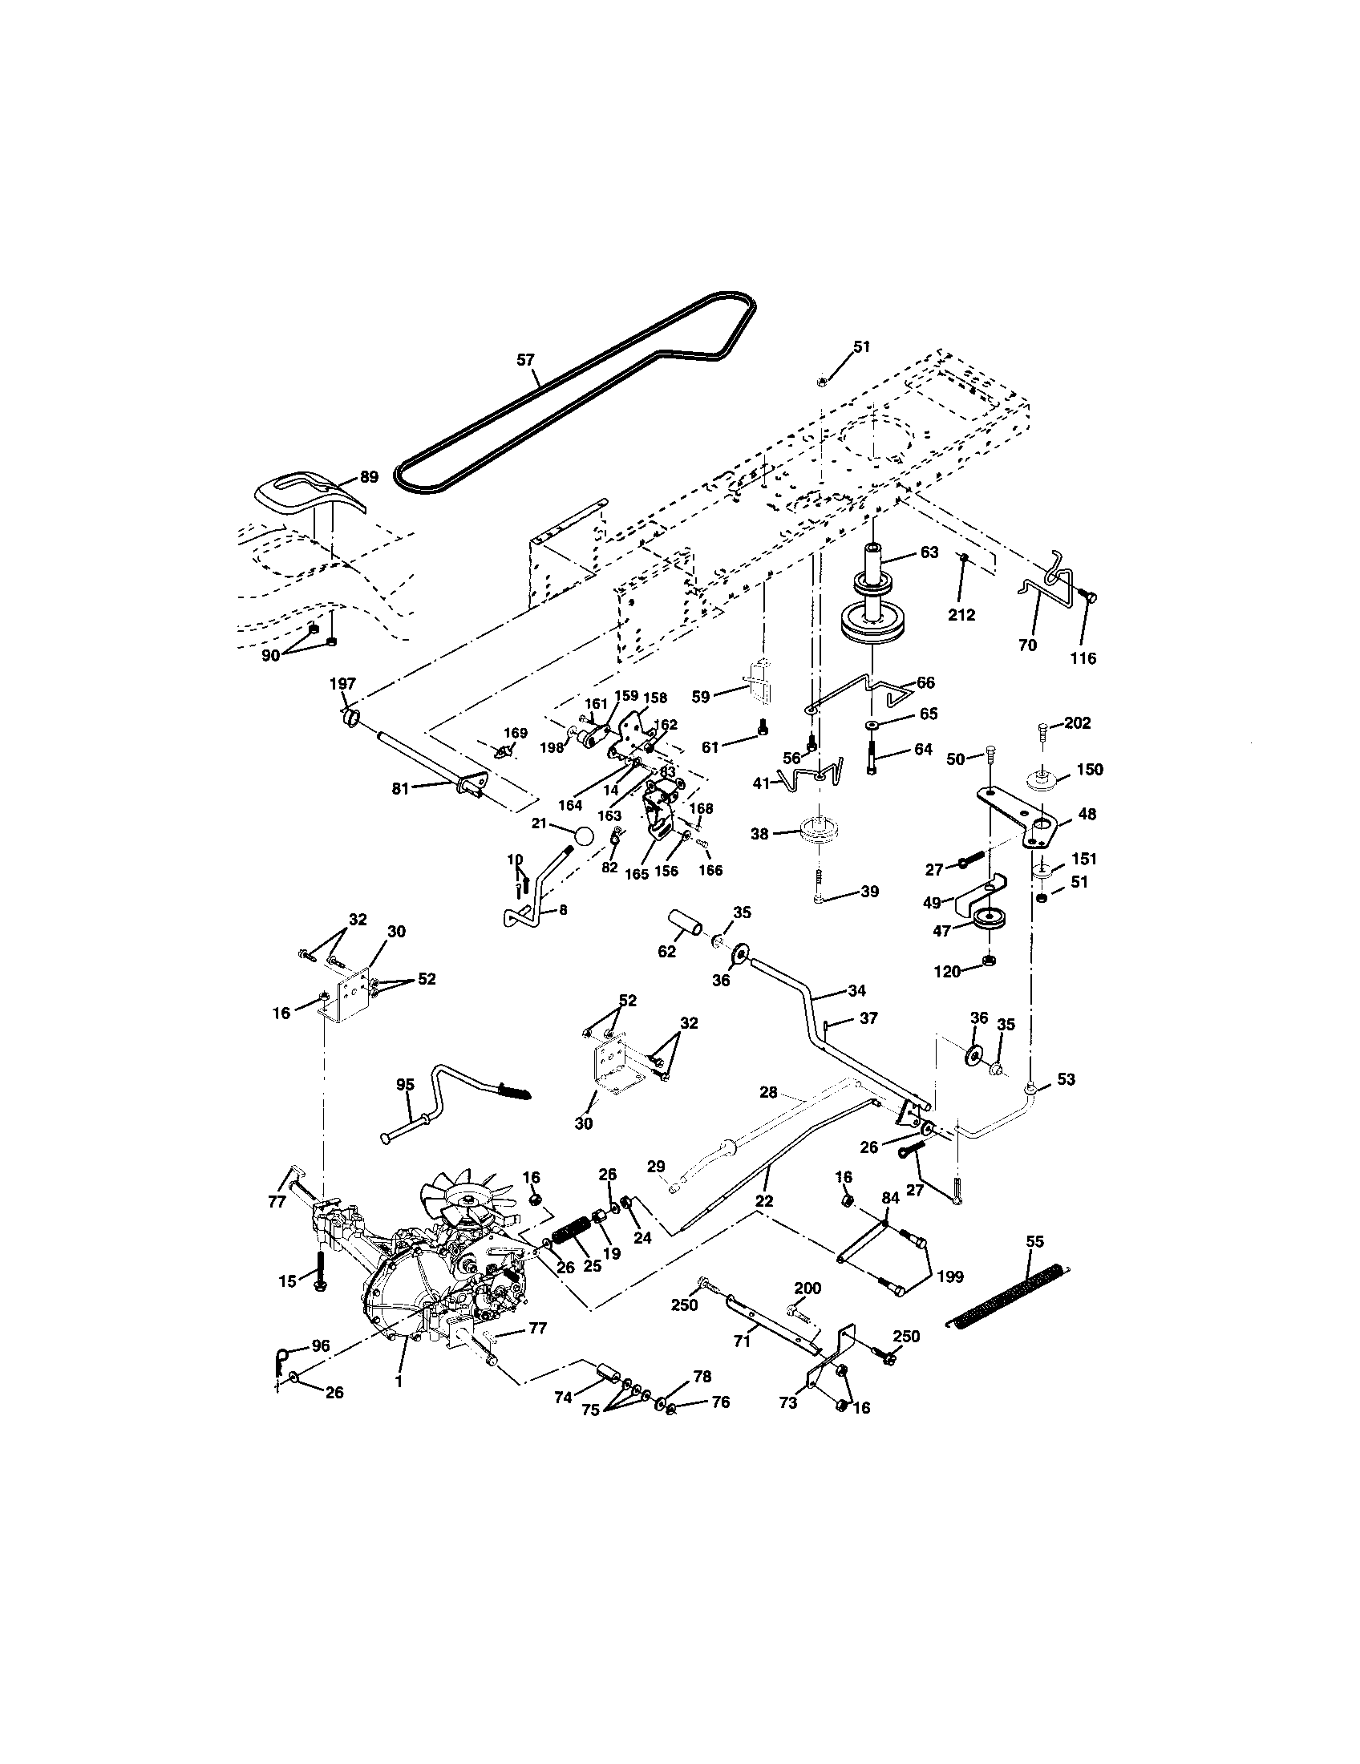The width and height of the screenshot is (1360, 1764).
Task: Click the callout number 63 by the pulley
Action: click(x=929, y=552)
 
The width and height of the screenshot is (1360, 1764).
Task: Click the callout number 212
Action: click(x=961, y=615)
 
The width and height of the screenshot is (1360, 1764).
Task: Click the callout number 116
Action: click(x=1083, y=658)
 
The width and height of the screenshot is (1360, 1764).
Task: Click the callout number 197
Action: click(x=342, y=684)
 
